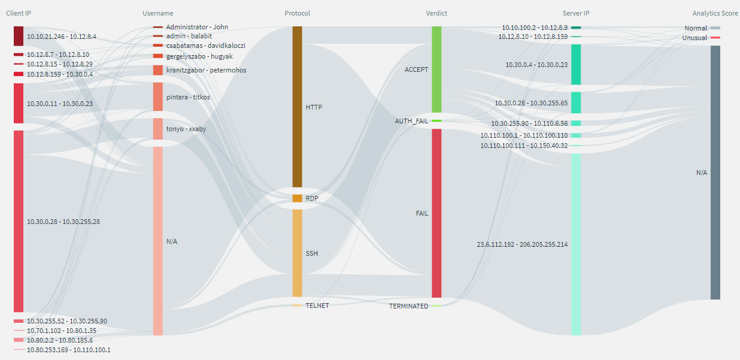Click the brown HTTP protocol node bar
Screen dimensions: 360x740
pyautogui.click(x=297, y=107)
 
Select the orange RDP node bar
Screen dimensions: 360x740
pyautogui.click(x=297, y=198)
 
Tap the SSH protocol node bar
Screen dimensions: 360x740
pyautogui.click(x=297, y=253)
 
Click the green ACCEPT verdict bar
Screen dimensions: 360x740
pyautogui.click(x=436, y=69)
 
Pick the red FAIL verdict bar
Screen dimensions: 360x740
pyautogui.click(x=436, y=213)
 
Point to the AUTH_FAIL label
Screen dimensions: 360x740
pyautogui.click(x=411, y=121)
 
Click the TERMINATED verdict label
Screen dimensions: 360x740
pyautogui.click(x=408, y=306)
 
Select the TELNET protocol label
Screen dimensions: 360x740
pyautogui.click(x=317, y=305)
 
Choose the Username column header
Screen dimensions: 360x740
pyautogui.click(x=158, y=13)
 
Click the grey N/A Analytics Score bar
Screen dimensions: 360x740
pyautogui.click(x=715, y=173)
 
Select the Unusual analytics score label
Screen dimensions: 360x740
pyautogui.click(x=694, y=38)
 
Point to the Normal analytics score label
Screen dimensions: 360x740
pyautogui.click(x=696, y=28)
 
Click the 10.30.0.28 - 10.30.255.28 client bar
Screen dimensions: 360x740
pyautogui.click(x=19, y=221)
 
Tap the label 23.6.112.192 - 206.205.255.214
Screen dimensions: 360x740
pyautogui.click(x=522, y=244)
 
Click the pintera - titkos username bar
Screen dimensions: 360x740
pyautogui.click(x=158, y=96)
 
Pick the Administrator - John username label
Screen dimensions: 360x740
pyautogui.click(x=197, y=27)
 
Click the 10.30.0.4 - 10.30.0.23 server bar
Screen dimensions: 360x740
pyautogui.click(x=575, y=64)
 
